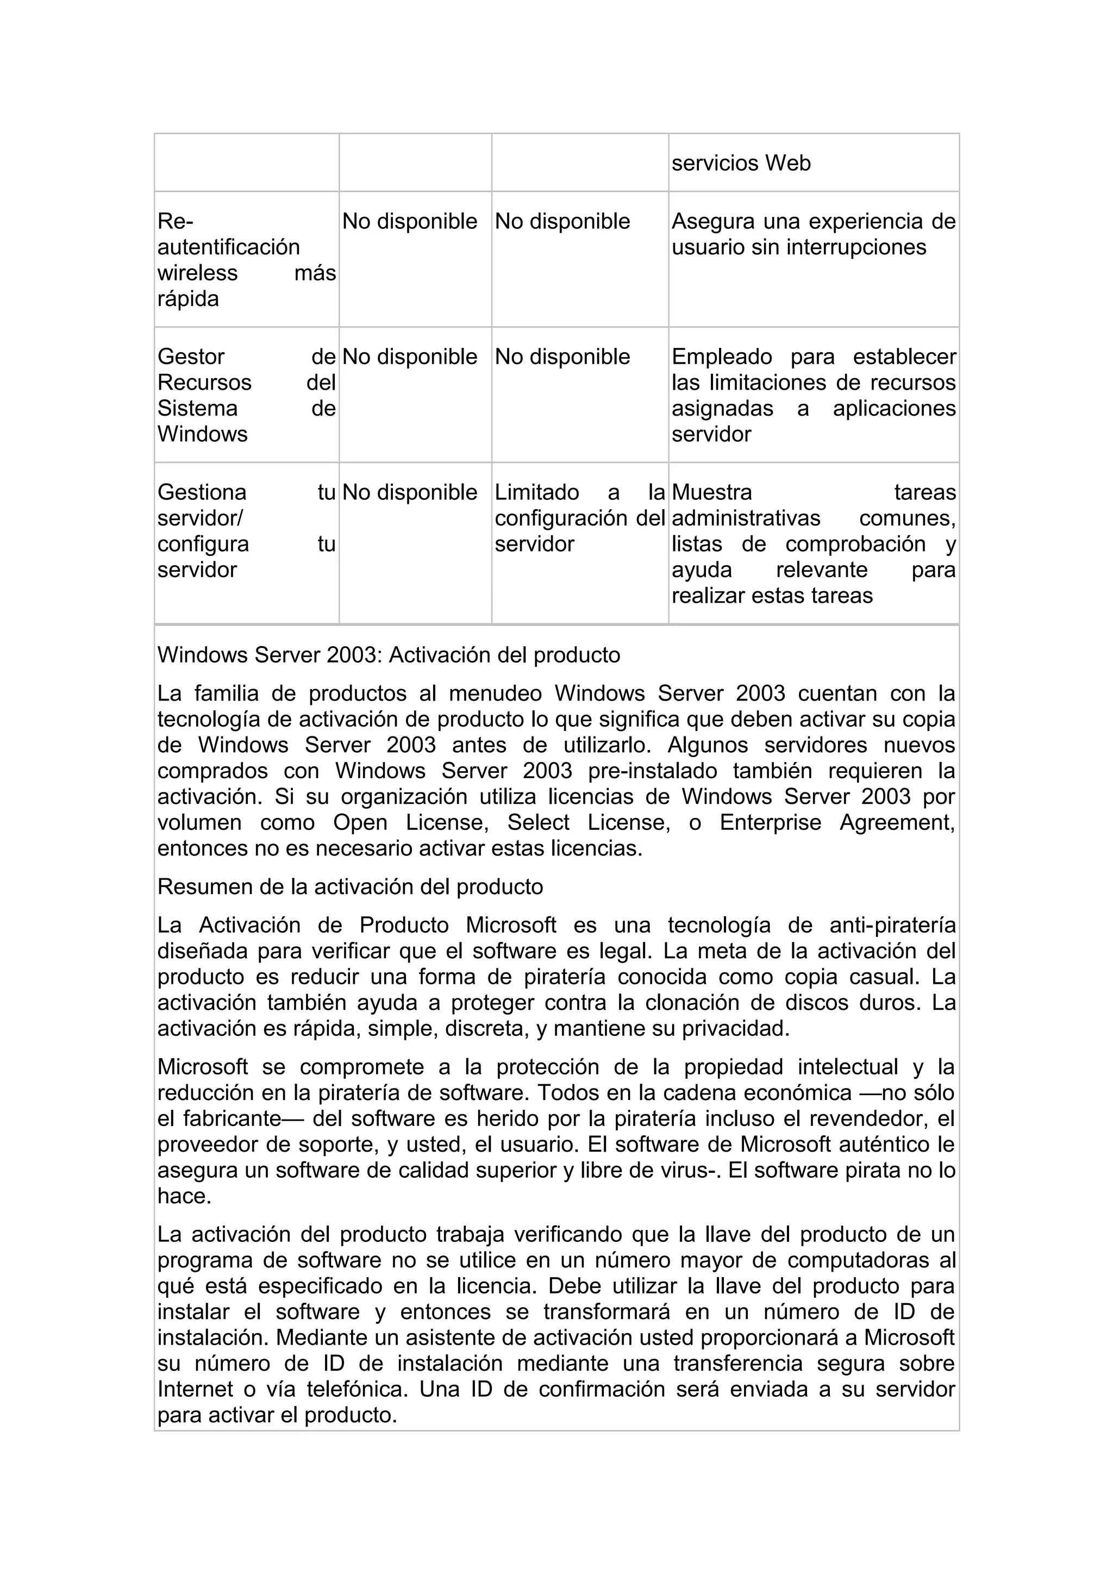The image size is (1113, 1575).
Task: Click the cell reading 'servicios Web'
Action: point(741,163)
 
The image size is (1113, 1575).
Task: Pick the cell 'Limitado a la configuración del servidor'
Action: point(579,518)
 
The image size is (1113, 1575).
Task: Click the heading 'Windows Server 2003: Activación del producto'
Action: point(389,655)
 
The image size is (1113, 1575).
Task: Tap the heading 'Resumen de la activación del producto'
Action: point(350,887)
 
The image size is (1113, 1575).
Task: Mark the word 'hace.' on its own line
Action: point(184,1196)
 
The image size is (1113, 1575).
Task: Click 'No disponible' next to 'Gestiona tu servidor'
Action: point(409,492)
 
